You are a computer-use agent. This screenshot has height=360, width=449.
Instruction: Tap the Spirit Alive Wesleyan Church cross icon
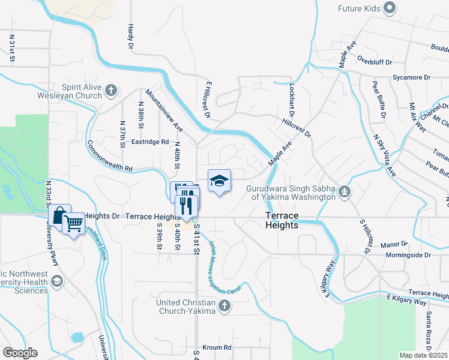(110, 91)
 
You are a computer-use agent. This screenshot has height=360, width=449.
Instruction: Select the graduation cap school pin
(220, 181)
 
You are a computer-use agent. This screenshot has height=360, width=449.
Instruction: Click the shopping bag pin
(59, 215)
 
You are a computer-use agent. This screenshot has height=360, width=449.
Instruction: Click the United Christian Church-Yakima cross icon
(224, 306)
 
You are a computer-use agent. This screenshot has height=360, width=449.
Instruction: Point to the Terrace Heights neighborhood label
(282, 220)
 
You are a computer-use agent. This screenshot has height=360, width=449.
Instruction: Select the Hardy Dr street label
(130, 36)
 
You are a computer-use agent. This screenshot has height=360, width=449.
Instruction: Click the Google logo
(20, 353)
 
